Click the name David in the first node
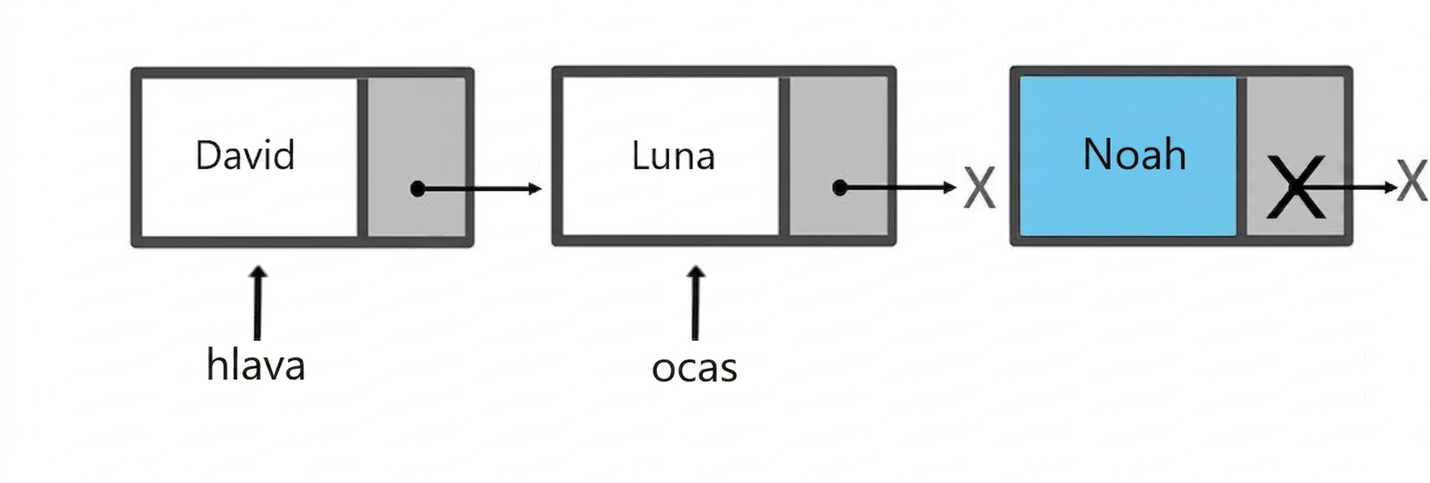245,155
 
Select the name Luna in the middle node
673,155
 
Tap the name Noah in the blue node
1134,154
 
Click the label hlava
255,365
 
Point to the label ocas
695,368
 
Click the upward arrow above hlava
258,302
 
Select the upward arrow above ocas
695,302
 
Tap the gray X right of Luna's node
979,188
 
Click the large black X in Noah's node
1295,188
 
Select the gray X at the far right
1412,180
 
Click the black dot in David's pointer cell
418,189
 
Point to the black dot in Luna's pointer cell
840,188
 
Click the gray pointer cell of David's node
416,157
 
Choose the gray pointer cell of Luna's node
838,157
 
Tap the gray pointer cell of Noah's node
1295,157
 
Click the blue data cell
1128,157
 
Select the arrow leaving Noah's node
1347,188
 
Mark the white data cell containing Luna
671,157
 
